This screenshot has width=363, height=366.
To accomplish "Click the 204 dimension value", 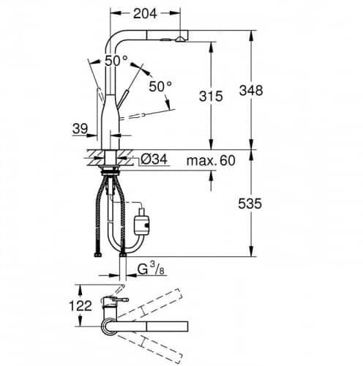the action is click(x=145, y=14).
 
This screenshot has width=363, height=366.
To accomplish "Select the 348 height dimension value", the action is click(x=251, y=90).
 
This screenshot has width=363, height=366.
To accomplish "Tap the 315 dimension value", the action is click(x=211, y=96).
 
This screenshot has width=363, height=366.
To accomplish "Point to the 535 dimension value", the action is click(x=250, y=203).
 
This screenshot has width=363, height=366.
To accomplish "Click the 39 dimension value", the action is click(x=80, y=129).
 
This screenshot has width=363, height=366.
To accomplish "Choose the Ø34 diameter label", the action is click(x=154, y=160).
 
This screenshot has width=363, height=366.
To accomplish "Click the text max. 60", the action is click(x=211, y=160).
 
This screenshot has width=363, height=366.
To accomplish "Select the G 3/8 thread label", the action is click(x=151, y=269).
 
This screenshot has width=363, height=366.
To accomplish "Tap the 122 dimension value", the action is click(x=81, y=306).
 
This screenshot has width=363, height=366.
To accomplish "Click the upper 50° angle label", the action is click(x=116, y=61).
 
